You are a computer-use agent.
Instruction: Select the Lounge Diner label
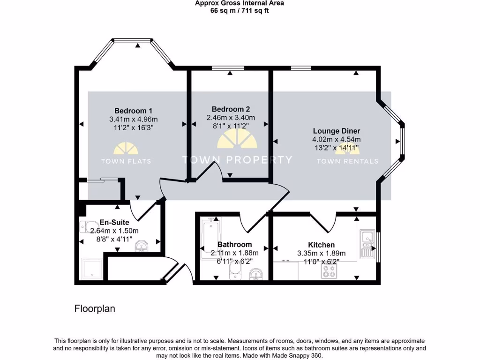click(x=336, y=131)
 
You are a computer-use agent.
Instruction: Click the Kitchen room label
click(x=321, y=245)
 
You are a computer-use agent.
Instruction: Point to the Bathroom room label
click(x=234, y=244)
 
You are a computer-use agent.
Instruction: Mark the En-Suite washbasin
click(x=142, y=247)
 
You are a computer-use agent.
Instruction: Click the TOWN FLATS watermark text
click(x=126, y=161)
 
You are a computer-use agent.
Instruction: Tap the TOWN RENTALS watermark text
click(x=347, y=161)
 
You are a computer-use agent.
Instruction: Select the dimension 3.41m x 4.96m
click(x=130, y=119)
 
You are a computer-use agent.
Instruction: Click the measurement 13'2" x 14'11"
click(x=336, y=148)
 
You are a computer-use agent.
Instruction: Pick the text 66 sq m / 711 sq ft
click(x=240, y=10)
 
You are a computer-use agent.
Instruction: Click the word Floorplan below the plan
click(x=95, y=309)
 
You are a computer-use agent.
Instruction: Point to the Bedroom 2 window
click(x=228, y=68)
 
